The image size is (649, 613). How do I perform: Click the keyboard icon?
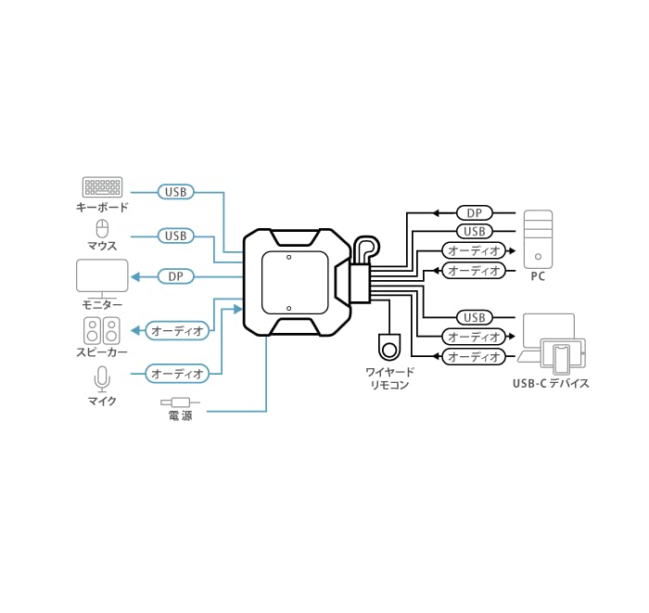pyautogui.click(x=101, y=186)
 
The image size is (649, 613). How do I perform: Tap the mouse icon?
pyautogui.click(x=102, y=228)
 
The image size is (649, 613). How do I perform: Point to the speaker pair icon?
pyautogui.click(x=102, y=330)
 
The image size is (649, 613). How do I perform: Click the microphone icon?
pyautogui.click(x=102, y=377)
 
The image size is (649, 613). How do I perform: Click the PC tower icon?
pyautogui.click(x=538, y=237)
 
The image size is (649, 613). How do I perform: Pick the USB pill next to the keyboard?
pyautogui.click(x=175, y=192)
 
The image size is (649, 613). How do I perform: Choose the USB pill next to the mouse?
pyautogui.click(x=175, y=236)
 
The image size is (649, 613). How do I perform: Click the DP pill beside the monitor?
pyautogui.click(x=175, y=276)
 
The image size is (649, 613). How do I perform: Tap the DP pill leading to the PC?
pyautogui.click(x=474, y=212)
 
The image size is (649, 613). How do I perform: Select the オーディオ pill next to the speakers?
pyautogui.click(x=177, y=329)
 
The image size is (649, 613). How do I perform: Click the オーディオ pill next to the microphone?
pyautogui.click(x=177, y=374)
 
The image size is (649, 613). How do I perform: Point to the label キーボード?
pyautogui.click(x=102, y=208)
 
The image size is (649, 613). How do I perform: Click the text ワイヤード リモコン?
pyautogui.click(x=389, y=378)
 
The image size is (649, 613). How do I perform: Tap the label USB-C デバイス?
pyautogui.click(x=551, y=383)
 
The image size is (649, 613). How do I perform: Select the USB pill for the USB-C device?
pyautogui.click(x=474, y=318)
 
